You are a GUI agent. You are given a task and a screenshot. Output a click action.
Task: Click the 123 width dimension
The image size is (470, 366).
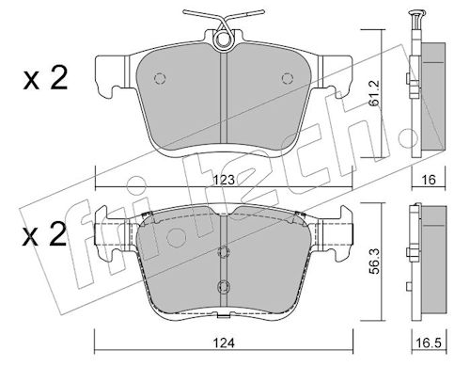pos(224,180)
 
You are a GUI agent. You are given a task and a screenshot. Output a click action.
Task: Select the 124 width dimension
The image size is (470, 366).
pos(224,343)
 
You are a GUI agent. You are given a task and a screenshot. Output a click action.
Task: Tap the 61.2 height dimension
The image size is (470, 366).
pos(374,93)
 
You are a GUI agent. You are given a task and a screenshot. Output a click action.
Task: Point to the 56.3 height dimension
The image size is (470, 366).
pos(374,262)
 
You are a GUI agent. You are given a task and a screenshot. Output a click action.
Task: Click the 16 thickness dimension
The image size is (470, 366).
pos(429,180)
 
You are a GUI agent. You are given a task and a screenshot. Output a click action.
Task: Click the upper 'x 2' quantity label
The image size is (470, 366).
pos(45,78)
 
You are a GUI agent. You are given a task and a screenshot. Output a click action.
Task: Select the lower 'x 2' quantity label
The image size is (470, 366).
pos(45,234)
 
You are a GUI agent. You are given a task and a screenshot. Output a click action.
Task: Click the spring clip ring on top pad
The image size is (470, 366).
pos(223,40)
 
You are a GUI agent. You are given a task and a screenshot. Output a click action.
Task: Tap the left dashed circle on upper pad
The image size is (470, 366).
pos(160,78)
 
